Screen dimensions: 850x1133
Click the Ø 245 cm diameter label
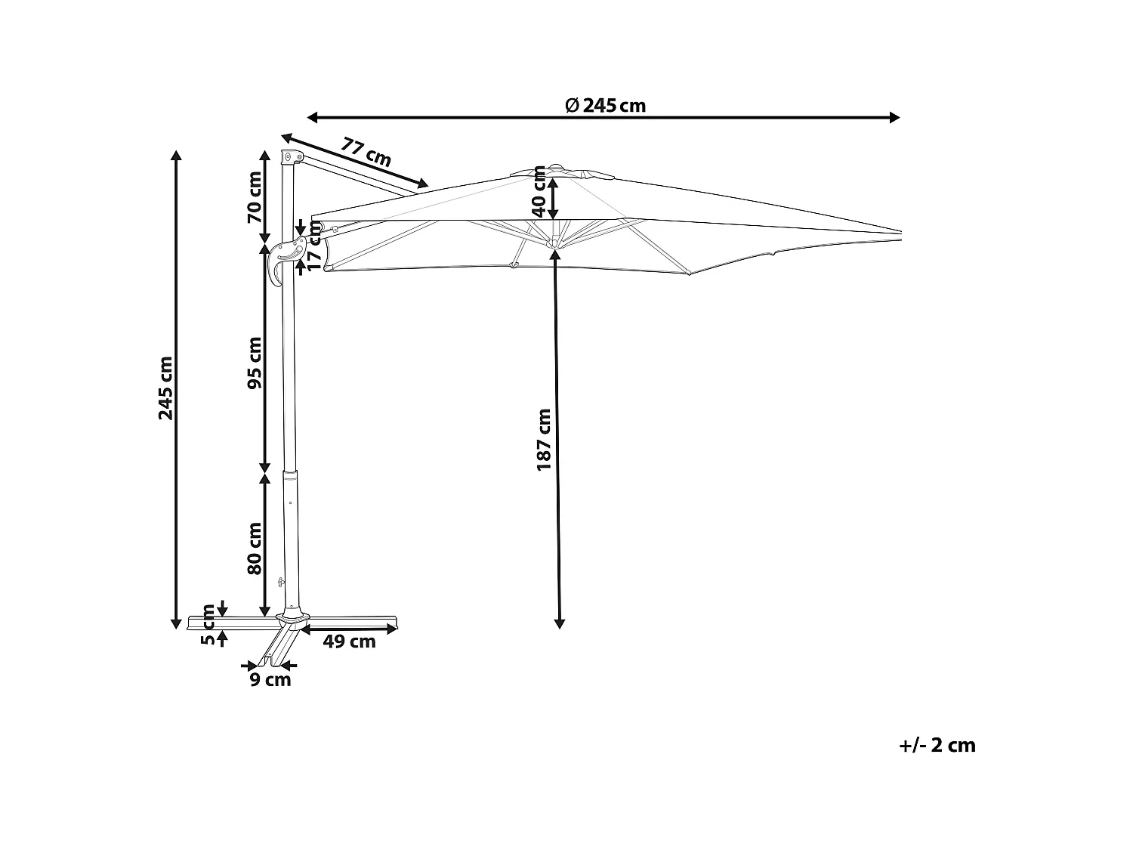(606, 106)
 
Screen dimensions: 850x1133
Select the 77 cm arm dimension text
(366, 152)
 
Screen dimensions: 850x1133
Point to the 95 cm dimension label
(255, 363)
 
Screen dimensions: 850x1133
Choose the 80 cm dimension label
(255, 548)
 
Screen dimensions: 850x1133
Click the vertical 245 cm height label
(165, 388)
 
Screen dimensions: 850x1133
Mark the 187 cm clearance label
(544, 440)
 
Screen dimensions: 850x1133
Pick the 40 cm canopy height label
(539, 190)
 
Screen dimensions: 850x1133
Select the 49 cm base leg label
(349, 642)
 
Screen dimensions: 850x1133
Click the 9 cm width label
(270, 680)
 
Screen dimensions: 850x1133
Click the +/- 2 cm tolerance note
(937, 746)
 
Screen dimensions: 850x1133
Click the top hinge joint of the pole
(288, 156)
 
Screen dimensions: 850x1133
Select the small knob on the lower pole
(281, 582)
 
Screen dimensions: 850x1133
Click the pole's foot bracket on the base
(292, 617)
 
